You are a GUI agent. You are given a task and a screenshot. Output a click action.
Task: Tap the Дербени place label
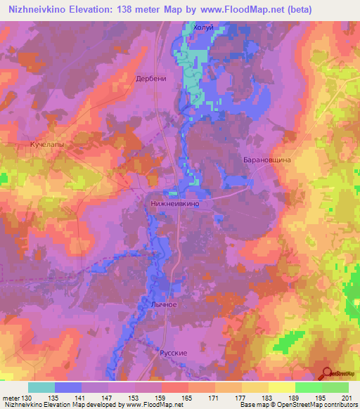click(151, 79)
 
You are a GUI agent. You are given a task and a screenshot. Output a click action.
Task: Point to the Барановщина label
click(267, 160)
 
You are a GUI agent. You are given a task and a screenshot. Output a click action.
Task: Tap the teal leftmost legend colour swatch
click(41, 387)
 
